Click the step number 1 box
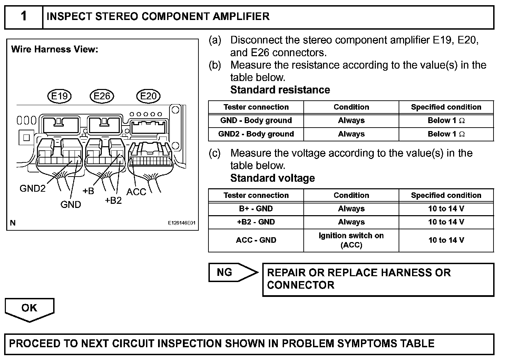(23, 17)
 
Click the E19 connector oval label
(59, 96)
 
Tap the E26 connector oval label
(102, 96)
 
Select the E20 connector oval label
(148, 96)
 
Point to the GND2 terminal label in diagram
(32, 189)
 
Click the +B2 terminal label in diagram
(113, 200)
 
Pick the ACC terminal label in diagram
(136, 192)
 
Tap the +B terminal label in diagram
(88, 191)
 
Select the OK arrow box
(29, 308)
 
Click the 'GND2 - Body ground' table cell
(256, 134)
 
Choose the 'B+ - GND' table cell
(256, 209)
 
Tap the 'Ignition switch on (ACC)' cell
(351, 240)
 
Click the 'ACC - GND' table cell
(256, 240)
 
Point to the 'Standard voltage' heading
(273, 178)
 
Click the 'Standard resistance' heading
(280, 90)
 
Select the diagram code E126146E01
(182, 223)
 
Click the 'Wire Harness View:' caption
(55, 49)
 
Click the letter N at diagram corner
(13, 223)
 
